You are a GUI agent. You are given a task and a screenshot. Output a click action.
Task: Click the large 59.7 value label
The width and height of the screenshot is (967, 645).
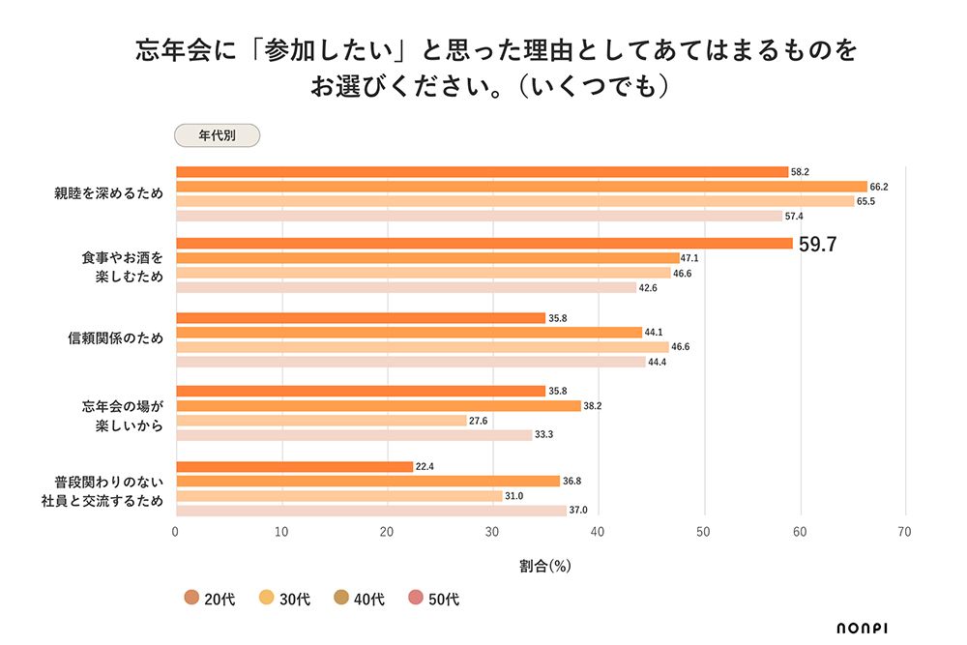click(x=817, y=245)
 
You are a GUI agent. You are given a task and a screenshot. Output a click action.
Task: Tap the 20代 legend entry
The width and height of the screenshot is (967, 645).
click(x=210, y=600)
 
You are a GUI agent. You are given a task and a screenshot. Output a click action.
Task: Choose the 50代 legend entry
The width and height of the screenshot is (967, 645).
click(x=434, y=600)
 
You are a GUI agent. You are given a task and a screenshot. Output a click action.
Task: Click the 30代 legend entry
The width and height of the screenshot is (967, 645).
click(x=285, y=600)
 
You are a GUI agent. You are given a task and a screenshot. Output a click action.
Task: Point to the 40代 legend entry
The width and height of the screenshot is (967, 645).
click(x=360, y=600)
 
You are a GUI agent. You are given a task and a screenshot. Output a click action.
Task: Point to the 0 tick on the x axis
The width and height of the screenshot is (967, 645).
click(x=175, y=532)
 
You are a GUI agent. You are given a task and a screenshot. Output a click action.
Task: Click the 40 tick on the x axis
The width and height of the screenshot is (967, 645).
click(x=598, y=532)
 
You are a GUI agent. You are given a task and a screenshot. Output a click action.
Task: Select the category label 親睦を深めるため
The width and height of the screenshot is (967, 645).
click(x=108, y=193)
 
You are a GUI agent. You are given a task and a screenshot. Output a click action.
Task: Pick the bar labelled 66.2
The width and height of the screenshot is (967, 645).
click(x=521, y=187)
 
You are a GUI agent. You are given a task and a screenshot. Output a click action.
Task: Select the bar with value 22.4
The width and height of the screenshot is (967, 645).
click(x=294, y=466)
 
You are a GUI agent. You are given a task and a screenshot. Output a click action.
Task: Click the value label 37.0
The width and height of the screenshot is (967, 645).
click(x=578, y=510)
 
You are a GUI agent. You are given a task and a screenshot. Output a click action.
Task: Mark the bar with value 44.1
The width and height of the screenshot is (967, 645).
click(x=408, y=332)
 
